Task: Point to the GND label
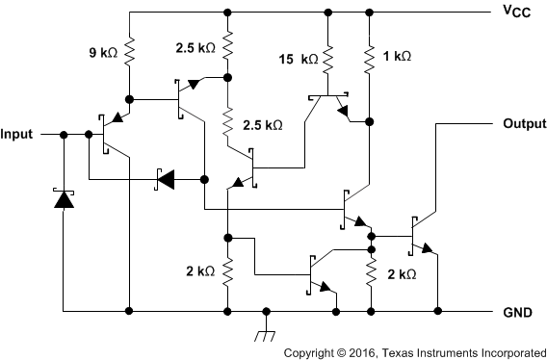pos(516,313)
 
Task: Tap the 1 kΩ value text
pos(397,57)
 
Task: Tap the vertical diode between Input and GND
pos(63,199)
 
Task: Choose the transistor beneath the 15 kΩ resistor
pos(330,104)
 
